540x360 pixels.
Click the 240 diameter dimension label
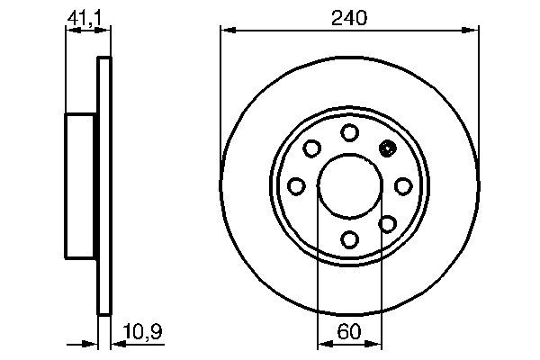point(350,17)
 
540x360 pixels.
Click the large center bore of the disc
point(350,185)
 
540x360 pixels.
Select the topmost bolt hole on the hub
point(350,132)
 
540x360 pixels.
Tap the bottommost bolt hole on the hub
point(350,239)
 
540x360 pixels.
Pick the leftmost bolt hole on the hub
point(296,185)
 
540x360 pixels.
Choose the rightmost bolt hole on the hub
point(403,185)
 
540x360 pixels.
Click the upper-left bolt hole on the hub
point(312,148)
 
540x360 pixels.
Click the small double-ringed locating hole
point(388,148)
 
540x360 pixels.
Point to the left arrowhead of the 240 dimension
point(227,31)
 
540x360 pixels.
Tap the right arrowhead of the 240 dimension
point(473,31)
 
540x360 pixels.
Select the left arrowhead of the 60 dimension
point(323,343)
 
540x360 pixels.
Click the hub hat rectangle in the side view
point(81,185)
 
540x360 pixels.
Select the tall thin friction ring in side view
point(103,185)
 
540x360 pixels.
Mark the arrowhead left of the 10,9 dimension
point(91,343)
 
